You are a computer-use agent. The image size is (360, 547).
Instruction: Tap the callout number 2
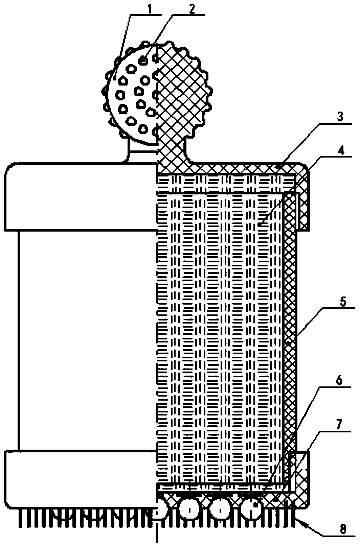click(x=192, y=9)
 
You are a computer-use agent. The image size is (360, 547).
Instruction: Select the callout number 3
click(x=340, y=118)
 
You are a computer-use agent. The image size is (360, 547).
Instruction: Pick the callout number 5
click(x=342, y=302)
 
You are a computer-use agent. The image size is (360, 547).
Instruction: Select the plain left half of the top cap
click(x=81, y=196)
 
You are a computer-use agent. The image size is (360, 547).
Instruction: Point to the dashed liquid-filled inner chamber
click(x=220, y=338)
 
